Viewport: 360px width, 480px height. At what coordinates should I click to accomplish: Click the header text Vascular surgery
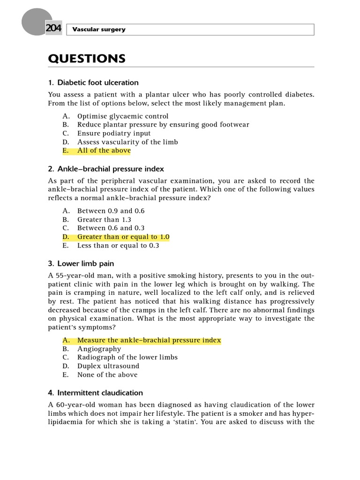pos(99,30)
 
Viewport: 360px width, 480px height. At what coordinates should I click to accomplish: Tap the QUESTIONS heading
pos(87,59)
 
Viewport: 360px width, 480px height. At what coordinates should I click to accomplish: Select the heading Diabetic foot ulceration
pos(97,82)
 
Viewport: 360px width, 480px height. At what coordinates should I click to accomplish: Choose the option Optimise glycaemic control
pos(123,116)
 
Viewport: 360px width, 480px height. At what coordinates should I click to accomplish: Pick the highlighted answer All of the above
pos(104,150)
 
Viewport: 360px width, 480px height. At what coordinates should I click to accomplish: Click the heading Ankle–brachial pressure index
pos(110,169)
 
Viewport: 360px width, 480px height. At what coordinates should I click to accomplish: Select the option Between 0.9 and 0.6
pos(111,211)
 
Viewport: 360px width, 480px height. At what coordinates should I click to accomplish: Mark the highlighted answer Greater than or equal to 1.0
pos(123,237)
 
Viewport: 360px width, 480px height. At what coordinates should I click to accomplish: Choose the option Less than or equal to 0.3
pos(118,245)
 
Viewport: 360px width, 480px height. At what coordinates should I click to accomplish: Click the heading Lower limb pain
pos(85,263)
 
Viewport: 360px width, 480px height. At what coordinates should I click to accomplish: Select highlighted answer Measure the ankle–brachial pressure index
pos(149,340)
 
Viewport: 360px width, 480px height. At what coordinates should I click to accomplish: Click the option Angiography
pos(99,349)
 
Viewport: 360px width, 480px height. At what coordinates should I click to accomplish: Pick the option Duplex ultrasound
pos(108,366)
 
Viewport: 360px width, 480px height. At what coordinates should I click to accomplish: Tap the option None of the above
pos(107,375)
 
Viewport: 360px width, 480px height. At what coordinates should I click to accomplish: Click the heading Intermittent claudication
pos(100,393)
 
